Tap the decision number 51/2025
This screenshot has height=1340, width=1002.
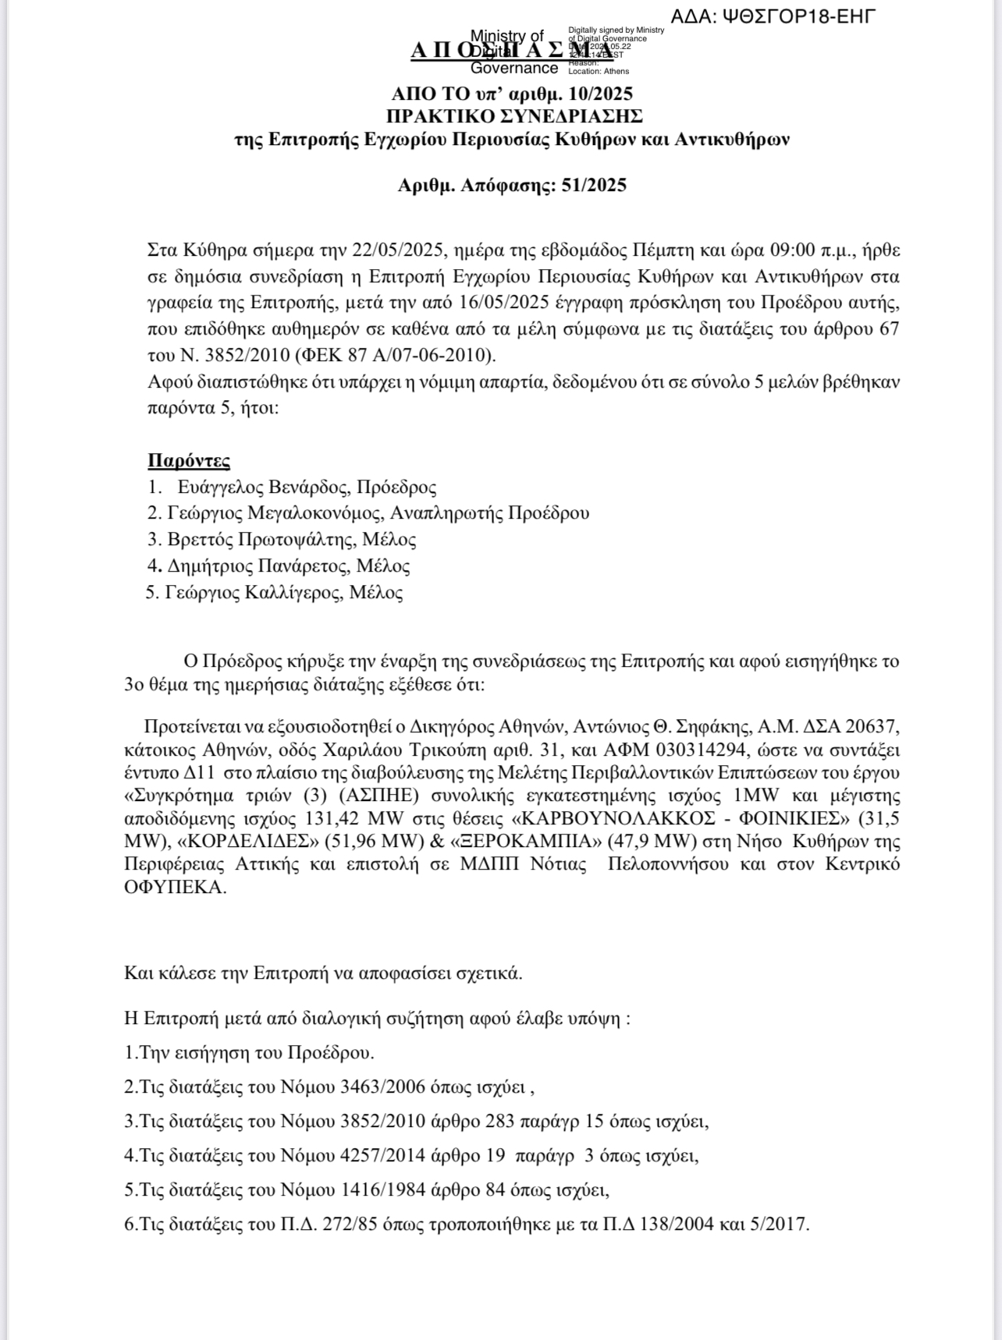(594, 186)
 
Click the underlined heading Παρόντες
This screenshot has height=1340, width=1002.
(189, 460)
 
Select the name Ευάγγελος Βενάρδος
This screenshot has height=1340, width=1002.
(262, 487)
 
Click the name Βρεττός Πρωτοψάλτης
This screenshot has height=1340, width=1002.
(263, 540)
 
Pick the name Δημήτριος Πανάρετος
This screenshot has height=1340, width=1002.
(261, 565)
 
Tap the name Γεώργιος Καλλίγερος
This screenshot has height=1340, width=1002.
(254, 593)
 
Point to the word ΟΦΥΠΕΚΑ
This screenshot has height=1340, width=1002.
(175, 888)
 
